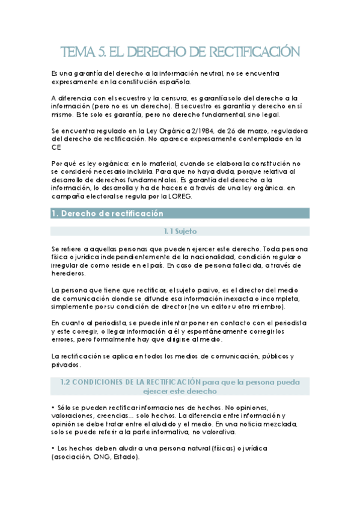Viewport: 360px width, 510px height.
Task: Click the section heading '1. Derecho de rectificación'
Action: [108, 213]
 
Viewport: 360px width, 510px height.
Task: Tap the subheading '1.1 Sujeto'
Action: [180, 231]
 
